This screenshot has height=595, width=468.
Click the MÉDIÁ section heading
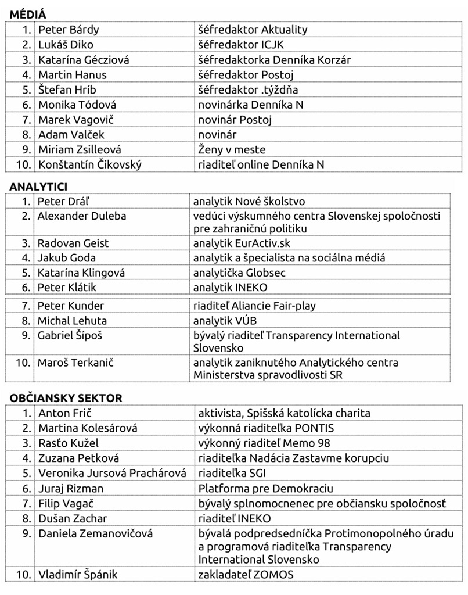(28, 15)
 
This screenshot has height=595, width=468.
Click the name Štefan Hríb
(62, 89)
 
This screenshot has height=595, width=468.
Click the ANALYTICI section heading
(38, 187)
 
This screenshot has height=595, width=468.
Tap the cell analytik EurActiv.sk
(242, 243)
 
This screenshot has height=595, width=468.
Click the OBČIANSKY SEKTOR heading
(66, 398)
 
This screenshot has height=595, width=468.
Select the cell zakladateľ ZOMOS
(246, 575)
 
